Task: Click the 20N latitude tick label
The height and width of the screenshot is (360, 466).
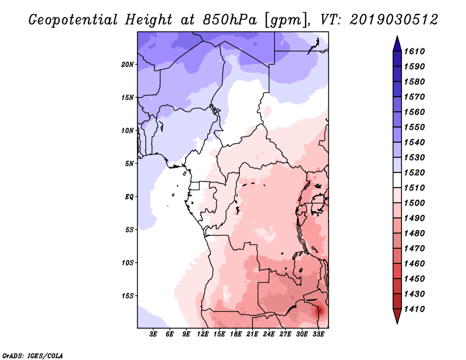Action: [128, 65]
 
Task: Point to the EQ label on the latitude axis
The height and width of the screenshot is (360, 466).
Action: [129, 196]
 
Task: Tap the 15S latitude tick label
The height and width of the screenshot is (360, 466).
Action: [128, 296]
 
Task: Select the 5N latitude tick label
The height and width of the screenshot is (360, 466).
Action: [129, 164]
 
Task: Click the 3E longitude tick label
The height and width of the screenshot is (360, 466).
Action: [153, 334]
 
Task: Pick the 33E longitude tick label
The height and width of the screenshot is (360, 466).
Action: [318, 334]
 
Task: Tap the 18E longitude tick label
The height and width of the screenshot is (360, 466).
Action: [236, 334]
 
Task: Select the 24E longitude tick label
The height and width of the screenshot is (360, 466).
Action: [269, 334]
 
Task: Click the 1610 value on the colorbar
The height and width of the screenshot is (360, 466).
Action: [414, 51]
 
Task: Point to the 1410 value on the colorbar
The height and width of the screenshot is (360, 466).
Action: [414, 309]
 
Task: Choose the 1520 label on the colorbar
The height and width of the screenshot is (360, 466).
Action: [414, 172]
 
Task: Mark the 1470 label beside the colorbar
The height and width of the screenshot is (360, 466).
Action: [414, 248]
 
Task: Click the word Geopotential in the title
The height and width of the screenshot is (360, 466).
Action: [73, 20]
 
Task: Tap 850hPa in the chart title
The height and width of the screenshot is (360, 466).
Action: [230, 20]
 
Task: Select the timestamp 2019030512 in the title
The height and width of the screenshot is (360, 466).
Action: [394, 20]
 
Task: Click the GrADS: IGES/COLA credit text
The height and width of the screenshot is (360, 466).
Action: [33, 356]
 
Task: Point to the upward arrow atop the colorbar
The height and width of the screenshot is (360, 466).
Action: [397, 44]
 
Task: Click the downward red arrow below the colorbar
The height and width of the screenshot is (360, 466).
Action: [397, 316]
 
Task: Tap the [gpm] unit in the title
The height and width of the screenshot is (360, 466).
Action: [285, 20]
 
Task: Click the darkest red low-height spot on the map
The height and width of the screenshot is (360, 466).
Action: [320, 311]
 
